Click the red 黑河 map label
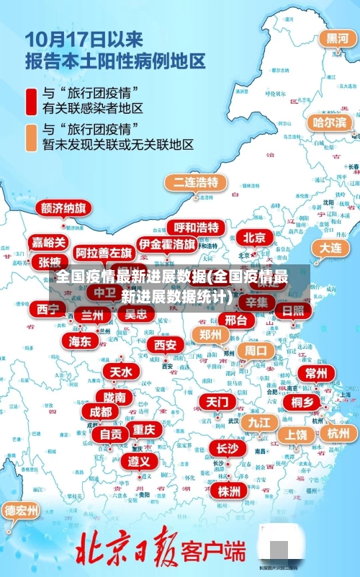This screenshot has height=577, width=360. (x=336, y=38)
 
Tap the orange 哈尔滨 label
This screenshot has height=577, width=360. (x=329, y=122)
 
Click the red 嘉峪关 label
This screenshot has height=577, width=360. (x=48, y=243)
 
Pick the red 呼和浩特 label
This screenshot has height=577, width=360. (x=196, y=228)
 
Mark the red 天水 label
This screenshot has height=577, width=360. (x=121, y=372)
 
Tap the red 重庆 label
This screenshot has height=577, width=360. (x=144, y=429)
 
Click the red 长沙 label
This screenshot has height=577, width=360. (x=227, y=448)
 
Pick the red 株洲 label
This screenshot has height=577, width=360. (x=228, y=471)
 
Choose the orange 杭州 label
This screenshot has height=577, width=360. (x=338, y=433)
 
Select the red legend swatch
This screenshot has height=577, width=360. (x=32, y=101)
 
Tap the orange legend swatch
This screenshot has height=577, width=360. (x=32, y=137)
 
